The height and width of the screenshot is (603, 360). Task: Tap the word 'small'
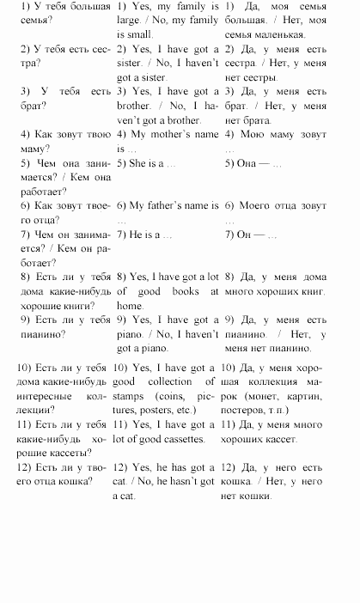point(137,34)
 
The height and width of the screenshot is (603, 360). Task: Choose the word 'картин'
point(321,397)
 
